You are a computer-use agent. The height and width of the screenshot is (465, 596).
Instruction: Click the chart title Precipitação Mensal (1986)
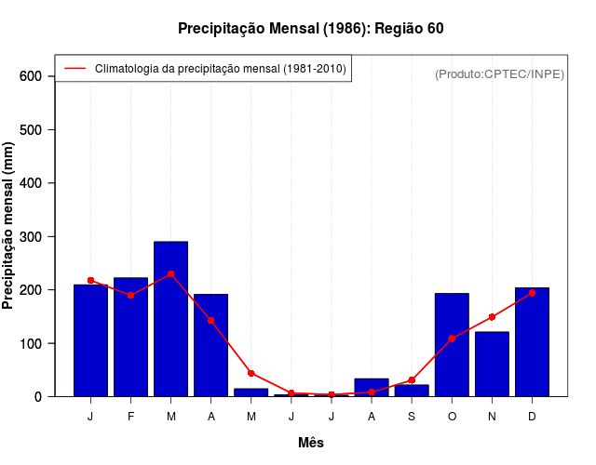point(310,29)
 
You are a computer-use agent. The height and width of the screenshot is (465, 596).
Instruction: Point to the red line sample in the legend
point(74,68)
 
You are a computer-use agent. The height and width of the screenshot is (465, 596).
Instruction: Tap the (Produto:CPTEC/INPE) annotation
point(499,73)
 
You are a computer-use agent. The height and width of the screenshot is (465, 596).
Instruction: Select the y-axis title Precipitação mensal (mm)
point(9,224)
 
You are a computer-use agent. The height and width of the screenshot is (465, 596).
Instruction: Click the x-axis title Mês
point(311,443)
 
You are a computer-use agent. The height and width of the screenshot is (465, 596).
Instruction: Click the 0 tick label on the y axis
point(39,397)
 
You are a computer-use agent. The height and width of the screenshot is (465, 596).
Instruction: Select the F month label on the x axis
point(130,417)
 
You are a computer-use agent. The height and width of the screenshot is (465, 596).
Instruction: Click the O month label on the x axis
point(452,417)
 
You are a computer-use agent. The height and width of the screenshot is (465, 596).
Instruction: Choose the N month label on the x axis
point(492,417)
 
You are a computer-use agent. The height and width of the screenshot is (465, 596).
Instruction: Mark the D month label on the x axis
point(532,417)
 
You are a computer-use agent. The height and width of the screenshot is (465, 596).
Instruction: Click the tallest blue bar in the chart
point(170,319)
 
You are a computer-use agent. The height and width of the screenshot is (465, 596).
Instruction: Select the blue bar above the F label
point(130,337)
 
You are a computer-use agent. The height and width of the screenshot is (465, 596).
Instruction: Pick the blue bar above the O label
point(452,345)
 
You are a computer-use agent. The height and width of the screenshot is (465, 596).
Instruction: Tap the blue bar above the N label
point(492,365)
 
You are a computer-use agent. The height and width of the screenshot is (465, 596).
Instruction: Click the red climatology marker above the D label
point(532,293)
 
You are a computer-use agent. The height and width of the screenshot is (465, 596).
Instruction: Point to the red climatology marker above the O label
point(452,339)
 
